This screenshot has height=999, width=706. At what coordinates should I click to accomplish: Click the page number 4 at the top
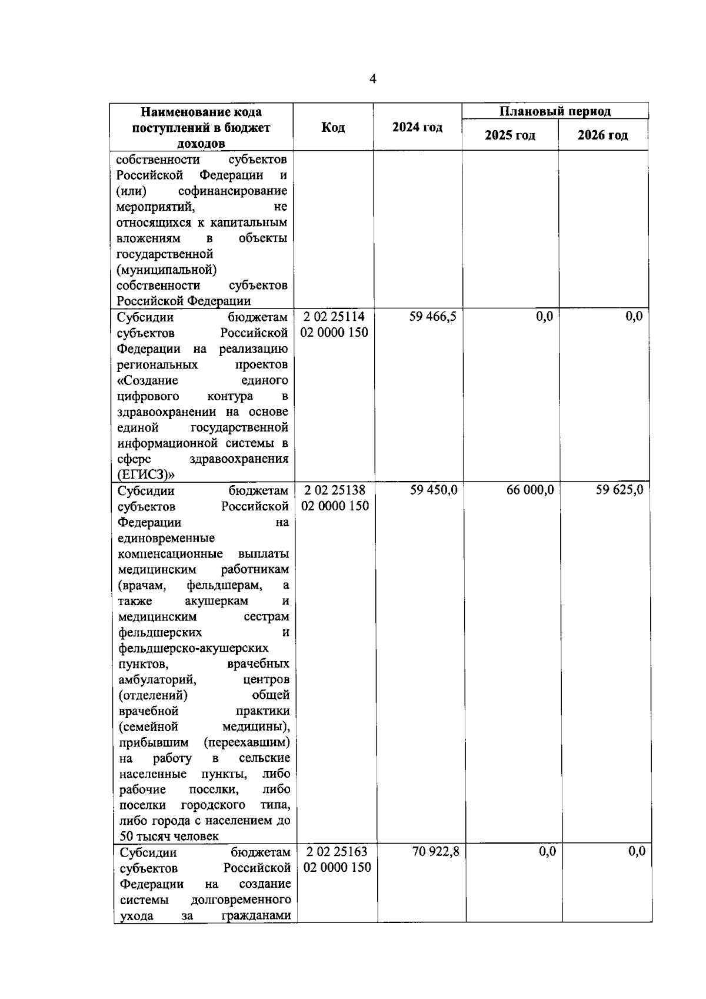click(372, 79)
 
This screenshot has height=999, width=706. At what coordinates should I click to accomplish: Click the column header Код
click(333, 128)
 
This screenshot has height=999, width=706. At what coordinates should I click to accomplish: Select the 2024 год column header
click(417, 128)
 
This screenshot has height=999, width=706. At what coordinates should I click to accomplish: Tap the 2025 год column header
click(509, 135)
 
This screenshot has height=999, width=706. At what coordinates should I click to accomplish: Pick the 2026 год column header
click(602, 135)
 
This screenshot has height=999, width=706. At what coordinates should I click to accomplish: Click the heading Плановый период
click(555, 111)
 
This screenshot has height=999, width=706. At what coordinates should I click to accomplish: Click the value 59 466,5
click(433, 317)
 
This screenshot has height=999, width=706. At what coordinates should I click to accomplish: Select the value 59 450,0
click(434, 490)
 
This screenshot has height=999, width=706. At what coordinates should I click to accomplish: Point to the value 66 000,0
click(530, 490)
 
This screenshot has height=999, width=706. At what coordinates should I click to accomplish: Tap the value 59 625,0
click(619, 490)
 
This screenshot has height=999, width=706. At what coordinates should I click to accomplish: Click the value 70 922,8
click(435, 851)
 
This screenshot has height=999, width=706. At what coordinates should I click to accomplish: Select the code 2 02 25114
click(334, 317)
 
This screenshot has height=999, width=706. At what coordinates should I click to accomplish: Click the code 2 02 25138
click(335, 490)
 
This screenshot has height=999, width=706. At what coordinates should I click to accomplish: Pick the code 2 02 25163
click(337, 851)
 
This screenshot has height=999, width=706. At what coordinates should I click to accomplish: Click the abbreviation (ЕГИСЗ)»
click(142, 474)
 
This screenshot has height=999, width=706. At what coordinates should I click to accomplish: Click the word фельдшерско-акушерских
click(194, 648)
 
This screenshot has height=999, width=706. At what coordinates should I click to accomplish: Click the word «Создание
click(147, 380)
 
